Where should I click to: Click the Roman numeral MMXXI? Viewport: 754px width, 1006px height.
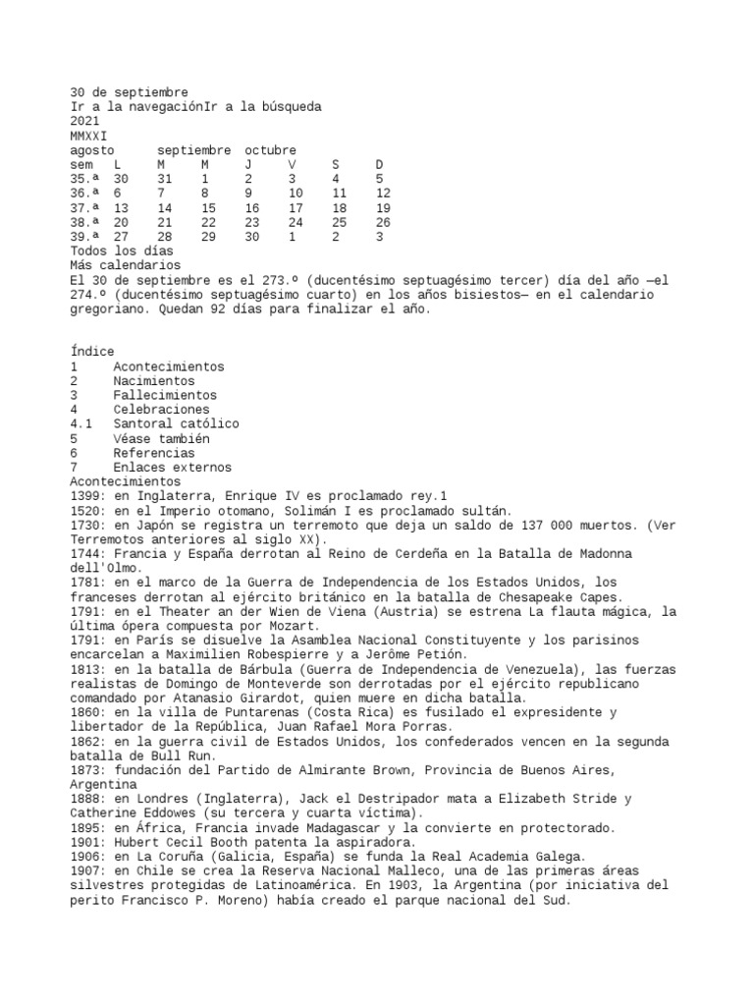coord(89,136)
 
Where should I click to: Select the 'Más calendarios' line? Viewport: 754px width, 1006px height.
coord(126,265)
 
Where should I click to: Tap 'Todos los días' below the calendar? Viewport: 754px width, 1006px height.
coord(122,251)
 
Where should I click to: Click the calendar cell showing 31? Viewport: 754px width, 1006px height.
coord(164,179)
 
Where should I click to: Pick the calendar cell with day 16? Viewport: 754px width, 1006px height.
coord(252,208)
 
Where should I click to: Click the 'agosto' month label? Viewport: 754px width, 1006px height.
coord(92,150)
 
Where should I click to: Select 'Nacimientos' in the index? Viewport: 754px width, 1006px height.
coord(154,381)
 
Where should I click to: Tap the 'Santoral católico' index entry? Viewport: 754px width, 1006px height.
coord(176,424)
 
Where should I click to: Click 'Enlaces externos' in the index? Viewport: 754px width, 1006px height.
coord(172,468)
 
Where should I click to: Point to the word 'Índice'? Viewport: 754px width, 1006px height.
coord(92,352)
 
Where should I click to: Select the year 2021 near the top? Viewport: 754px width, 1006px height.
coord(85,121)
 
